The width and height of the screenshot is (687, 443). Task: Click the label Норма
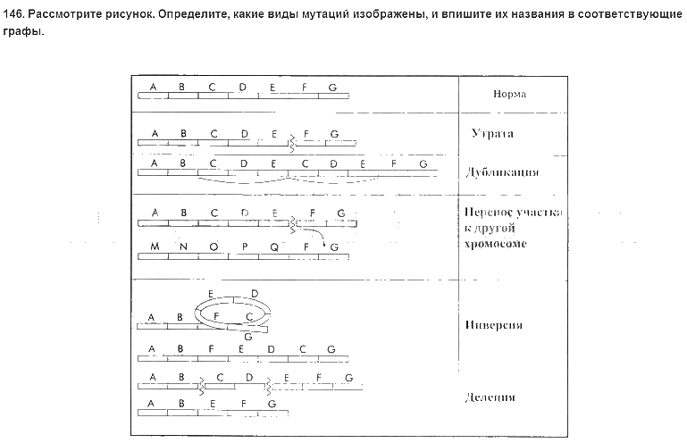[x=509, y=94]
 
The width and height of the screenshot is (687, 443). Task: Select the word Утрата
[x=498, y=134]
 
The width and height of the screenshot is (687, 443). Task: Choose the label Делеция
[x=491, y=397]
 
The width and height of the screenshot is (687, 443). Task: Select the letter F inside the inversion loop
[x=217, y=314]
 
